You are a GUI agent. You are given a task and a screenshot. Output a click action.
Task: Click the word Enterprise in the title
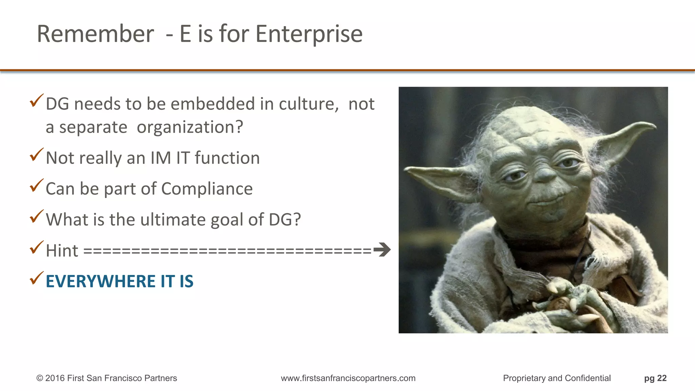coord(309,34)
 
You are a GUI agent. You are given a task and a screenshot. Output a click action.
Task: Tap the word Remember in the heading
coord(95,34)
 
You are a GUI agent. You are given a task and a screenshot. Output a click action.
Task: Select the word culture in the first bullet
coord(308,104)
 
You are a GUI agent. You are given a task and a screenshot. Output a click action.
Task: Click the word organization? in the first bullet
coord(190,127)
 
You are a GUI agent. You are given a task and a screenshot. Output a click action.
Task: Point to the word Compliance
coord(207,189)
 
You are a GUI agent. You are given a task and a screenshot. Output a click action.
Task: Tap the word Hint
coord(62,251)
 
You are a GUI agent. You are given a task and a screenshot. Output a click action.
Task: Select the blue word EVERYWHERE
coord(100,281)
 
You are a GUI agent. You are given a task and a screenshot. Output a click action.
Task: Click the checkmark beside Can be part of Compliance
coord(37,185)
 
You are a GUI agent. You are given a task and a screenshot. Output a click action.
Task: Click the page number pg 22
coord(655,378)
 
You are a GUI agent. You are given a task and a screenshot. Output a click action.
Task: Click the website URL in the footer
coord(348,378)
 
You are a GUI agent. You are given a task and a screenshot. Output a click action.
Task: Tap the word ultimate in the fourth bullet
coord(173,220)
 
